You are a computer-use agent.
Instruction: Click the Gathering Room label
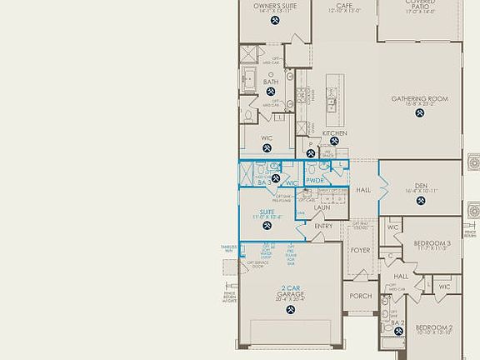[x=420, y=99]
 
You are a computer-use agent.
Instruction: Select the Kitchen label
[x=334, y=133]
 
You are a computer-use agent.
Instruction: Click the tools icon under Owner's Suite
[x=274, y=20]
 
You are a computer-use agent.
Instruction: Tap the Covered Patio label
[x=419, y=5]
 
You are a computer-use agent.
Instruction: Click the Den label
[x=420, y=187]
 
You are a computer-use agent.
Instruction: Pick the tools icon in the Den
[x=420, y=205]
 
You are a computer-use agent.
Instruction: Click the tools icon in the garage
[x=290, y=310]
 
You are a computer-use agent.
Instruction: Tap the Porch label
[x=360, y=296]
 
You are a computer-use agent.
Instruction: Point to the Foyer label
[x=360, y=250]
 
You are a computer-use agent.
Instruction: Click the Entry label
[x=323, y=226]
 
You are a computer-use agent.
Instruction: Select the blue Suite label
[x=267, y=212]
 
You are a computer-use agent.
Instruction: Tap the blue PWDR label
[x=314, y=180]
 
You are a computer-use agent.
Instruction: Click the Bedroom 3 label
[x=432, y=243]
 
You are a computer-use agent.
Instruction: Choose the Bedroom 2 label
[x=433, y=327]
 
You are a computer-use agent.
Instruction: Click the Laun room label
[x=322, y=207]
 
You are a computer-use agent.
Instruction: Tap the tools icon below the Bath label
[x=271, y=93]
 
